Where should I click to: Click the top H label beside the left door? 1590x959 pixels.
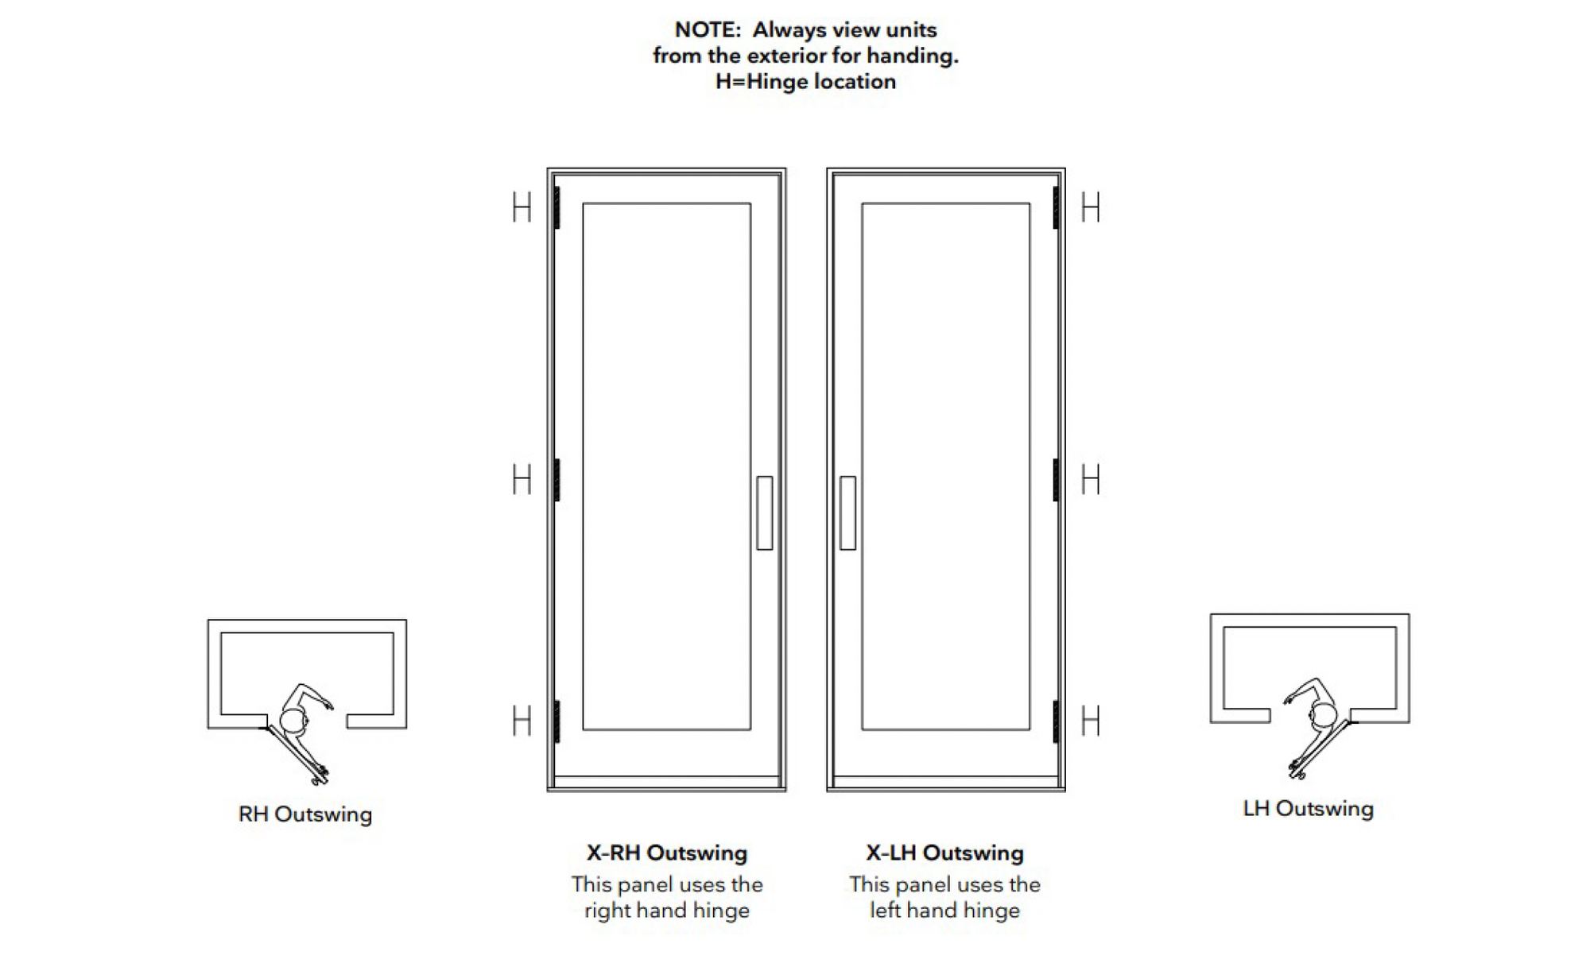click(522, 208)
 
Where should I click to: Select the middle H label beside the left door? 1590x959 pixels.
click(522, 480)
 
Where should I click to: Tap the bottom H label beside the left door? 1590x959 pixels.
click(522, 721)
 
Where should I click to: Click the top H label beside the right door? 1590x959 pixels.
click(1091, 208)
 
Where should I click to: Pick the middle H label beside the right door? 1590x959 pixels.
click(1091, 480)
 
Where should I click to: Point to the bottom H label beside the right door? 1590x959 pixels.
click(1091, 721)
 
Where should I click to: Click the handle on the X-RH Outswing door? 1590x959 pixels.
click(765, 513)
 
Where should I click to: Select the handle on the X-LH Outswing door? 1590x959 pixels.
click(848, 513)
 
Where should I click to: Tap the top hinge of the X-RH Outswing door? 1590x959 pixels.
click(557, 207)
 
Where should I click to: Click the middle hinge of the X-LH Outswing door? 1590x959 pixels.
click(1056, 480)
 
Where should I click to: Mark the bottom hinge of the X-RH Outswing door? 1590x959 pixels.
click(557, 721)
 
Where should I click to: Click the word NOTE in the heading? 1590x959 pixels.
click(706, 30)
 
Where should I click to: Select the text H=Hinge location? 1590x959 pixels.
click(805, 82)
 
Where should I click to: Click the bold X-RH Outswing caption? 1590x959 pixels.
click(667, 853)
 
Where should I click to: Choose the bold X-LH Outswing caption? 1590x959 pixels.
click(945, 853)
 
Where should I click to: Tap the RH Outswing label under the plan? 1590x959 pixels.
click(305, 814)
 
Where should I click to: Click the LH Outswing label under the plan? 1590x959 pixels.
click(1309, 809)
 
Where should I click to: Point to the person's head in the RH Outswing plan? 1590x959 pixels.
click(293, 721)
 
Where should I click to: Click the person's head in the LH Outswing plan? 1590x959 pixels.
click(1324, 715)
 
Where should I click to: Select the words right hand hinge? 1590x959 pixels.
click(667, 911)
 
